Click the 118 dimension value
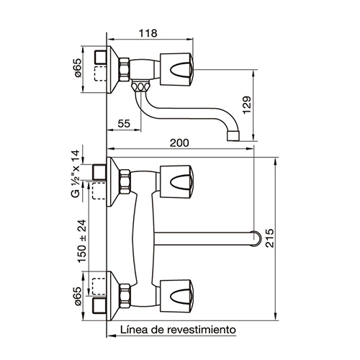[x=148, y=33]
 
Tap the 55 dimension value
[x=124, y=123]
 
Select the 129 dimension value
[x=247, y=105]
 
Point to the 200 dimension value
[x=179, y=143]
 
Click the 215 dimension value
[x=270, y=238]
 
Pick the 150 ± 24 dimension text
[x=82, y=241]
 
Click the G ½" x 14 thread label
[x=76, y=174]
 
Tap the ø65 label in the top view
[x=78, y=68]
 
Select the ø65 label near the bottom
[x=78, y=297]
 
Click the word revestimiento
[x=202, y=330]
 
